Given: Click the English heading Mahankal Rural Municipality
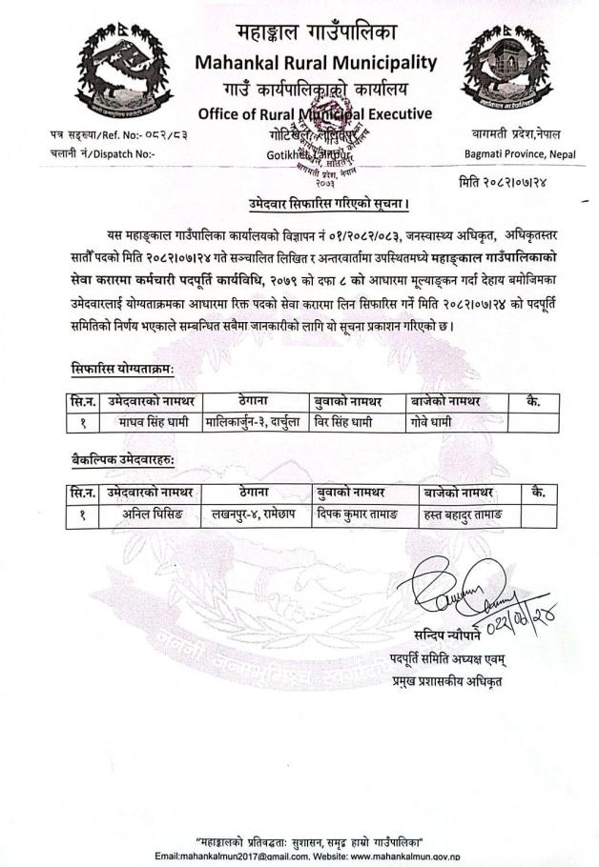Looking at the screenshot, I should pos(314,63).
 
